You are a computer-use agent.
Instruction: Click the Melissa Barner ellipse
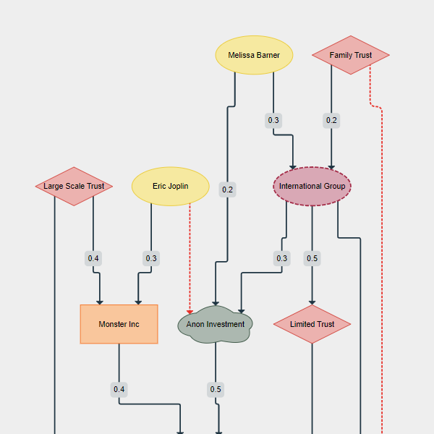click(254, 55)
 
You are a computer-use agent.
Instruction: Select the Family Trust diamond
click(351, 55)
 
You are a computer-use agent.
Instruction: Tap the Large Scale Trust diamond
click(74, 186)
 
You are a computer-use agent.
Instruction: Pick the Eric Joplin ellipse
click(171, 186)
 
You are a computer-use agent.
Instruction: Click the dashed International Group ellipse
click(312, 186)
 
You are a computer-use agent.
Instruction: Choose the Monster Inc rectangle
click(119, 324)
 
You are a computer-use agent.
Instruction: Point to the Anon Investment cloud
click(216, 324)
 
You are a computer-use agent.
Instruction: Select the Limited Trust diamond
click(312, 324)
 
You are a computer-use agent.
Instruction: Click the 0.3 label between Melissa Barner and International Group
click(273, 120)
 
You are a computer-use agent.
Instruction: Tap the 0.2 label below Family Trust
click(331, 120)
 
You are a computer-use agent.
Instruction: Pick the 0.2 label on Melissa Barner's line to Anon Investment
click(228, 190)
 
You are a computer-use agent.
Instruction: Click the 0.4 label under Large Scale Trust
click(93, 258)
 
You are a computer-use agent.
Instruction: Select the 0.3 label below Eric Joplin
click(151, 258)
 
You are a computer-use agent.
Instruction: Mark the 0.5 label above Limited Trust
click(312, 258)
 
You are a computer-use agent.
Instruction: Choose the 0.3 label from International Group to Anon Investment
click(281, 258)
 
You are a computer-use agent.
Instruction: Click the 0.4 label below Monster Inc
click(119, 390)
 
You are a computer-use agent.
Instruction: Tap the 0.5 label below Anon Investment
click(216, 390)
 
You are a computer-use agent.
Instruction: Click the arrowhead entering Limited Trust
click(312, 302)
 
